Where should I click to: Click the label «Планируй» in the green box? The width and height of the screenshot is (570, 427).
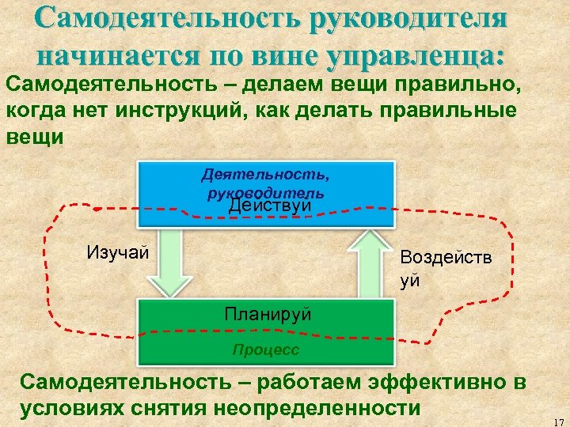(x=268, y=314)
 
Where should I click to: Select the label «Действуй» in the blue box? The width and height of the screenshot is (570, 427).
(x=268, y=206)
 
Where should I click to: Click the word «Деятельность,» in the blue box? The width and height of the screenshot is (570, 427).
(x=265, y=172)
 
